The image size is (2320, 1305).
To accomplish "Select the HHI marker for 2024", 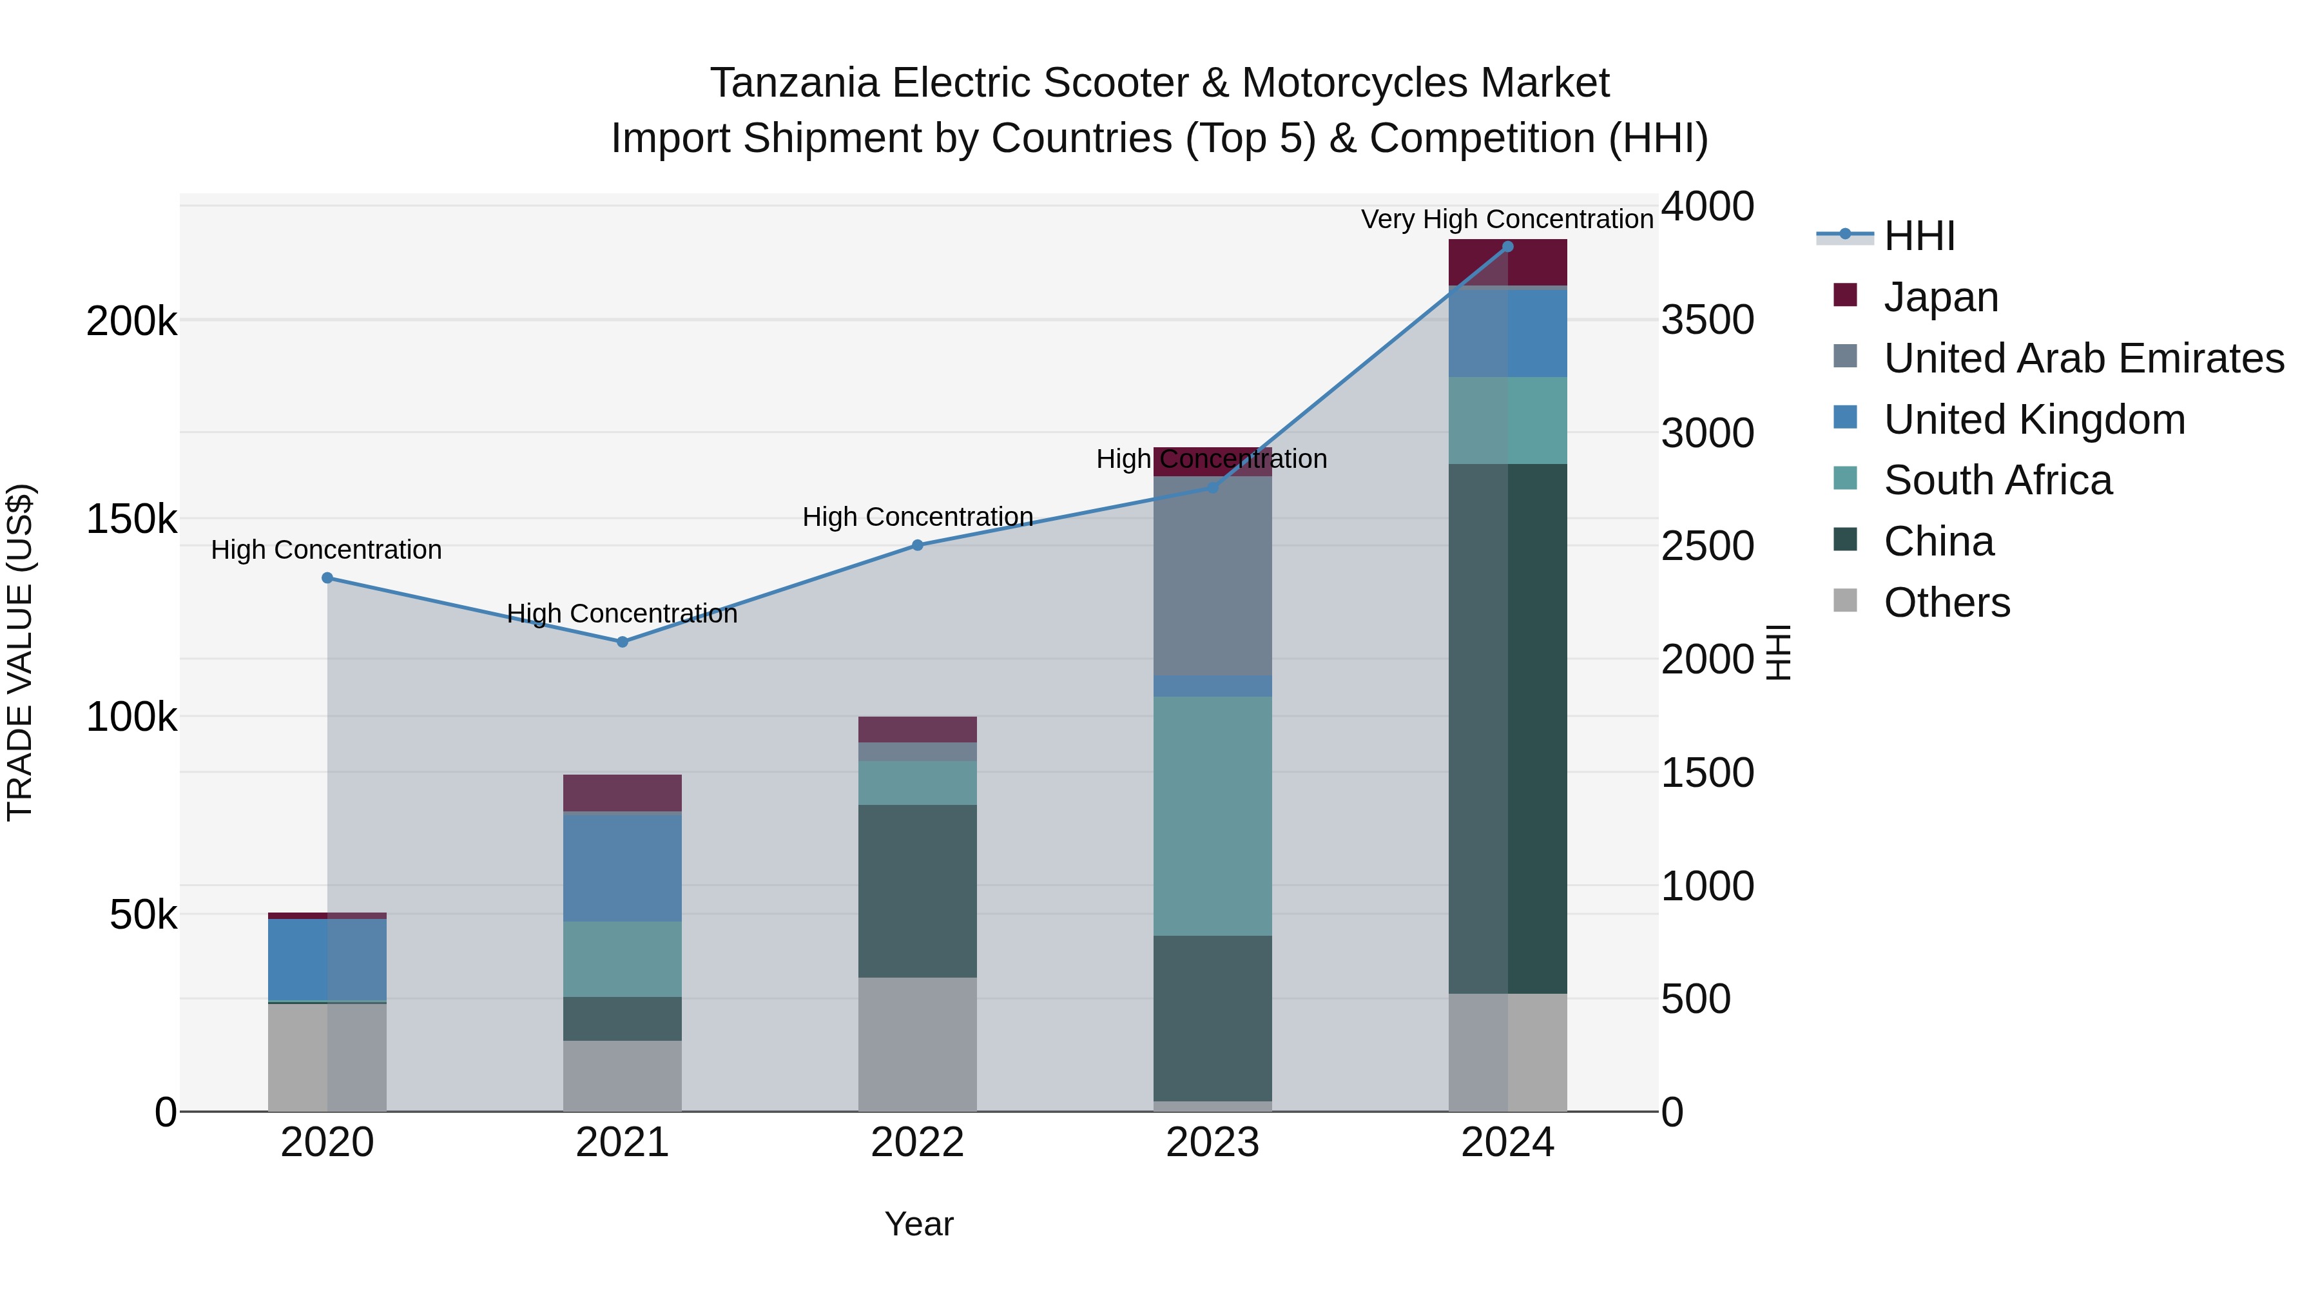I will click(x=1507, y=247).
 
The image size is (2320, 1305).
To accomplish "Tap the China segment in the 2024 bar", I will click(x=1507, y=730).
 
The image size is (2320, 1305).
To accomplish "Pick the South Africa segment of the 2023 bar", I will click(x=1212, y=815).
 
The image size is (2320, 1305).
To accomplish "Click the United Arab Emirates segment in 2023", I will click(x=1212, y=576).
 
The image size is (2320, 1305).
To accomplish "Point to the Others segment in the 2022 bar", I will click(x=917, y=1045).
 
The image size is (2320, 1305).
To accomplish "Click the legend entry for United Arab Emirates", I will click(x=2083, y=358).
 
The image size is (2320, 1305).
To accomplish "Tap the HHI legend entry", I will click(x=1919, y=236).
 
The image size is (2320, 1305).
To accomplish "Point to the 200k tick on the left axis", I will click(x=131, y=322).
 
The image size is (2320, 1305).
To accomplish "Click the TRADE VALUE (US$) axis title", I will click(x=20, y=652).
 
